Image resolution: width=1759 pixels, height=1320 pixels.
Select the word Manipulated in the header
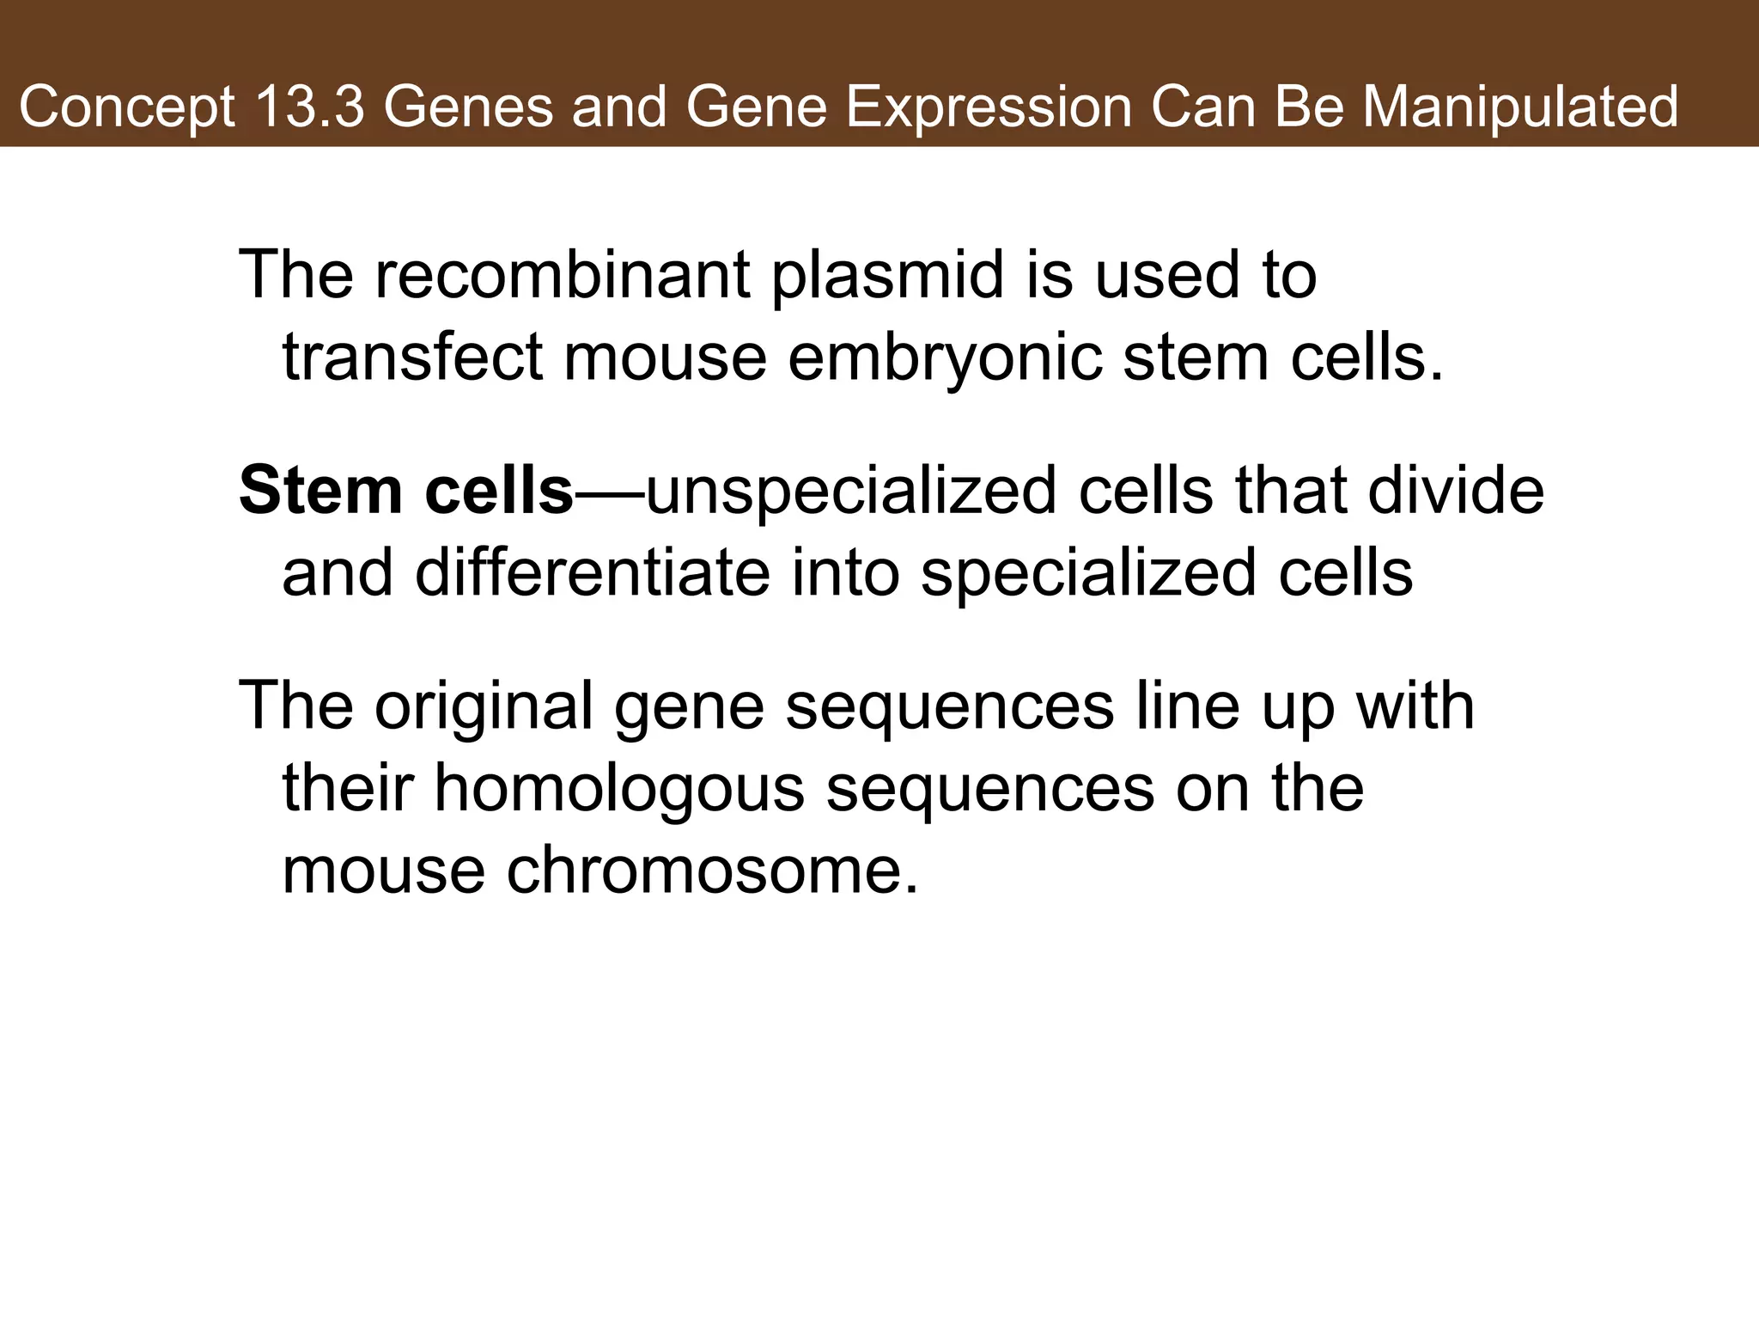pos(1520,108)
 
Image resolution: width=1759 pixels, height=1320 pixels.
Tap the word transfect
pos(412,357)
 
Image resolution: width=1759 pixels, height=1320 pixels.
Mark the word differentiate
pos(592,573)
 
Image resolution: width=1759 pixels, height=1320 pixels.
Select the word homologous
pos(618,789)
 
